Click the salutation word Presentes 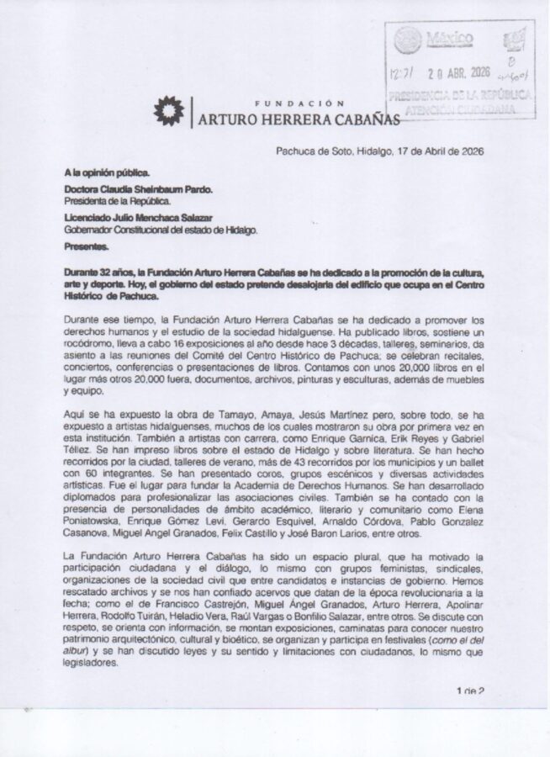coord(87,247)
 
